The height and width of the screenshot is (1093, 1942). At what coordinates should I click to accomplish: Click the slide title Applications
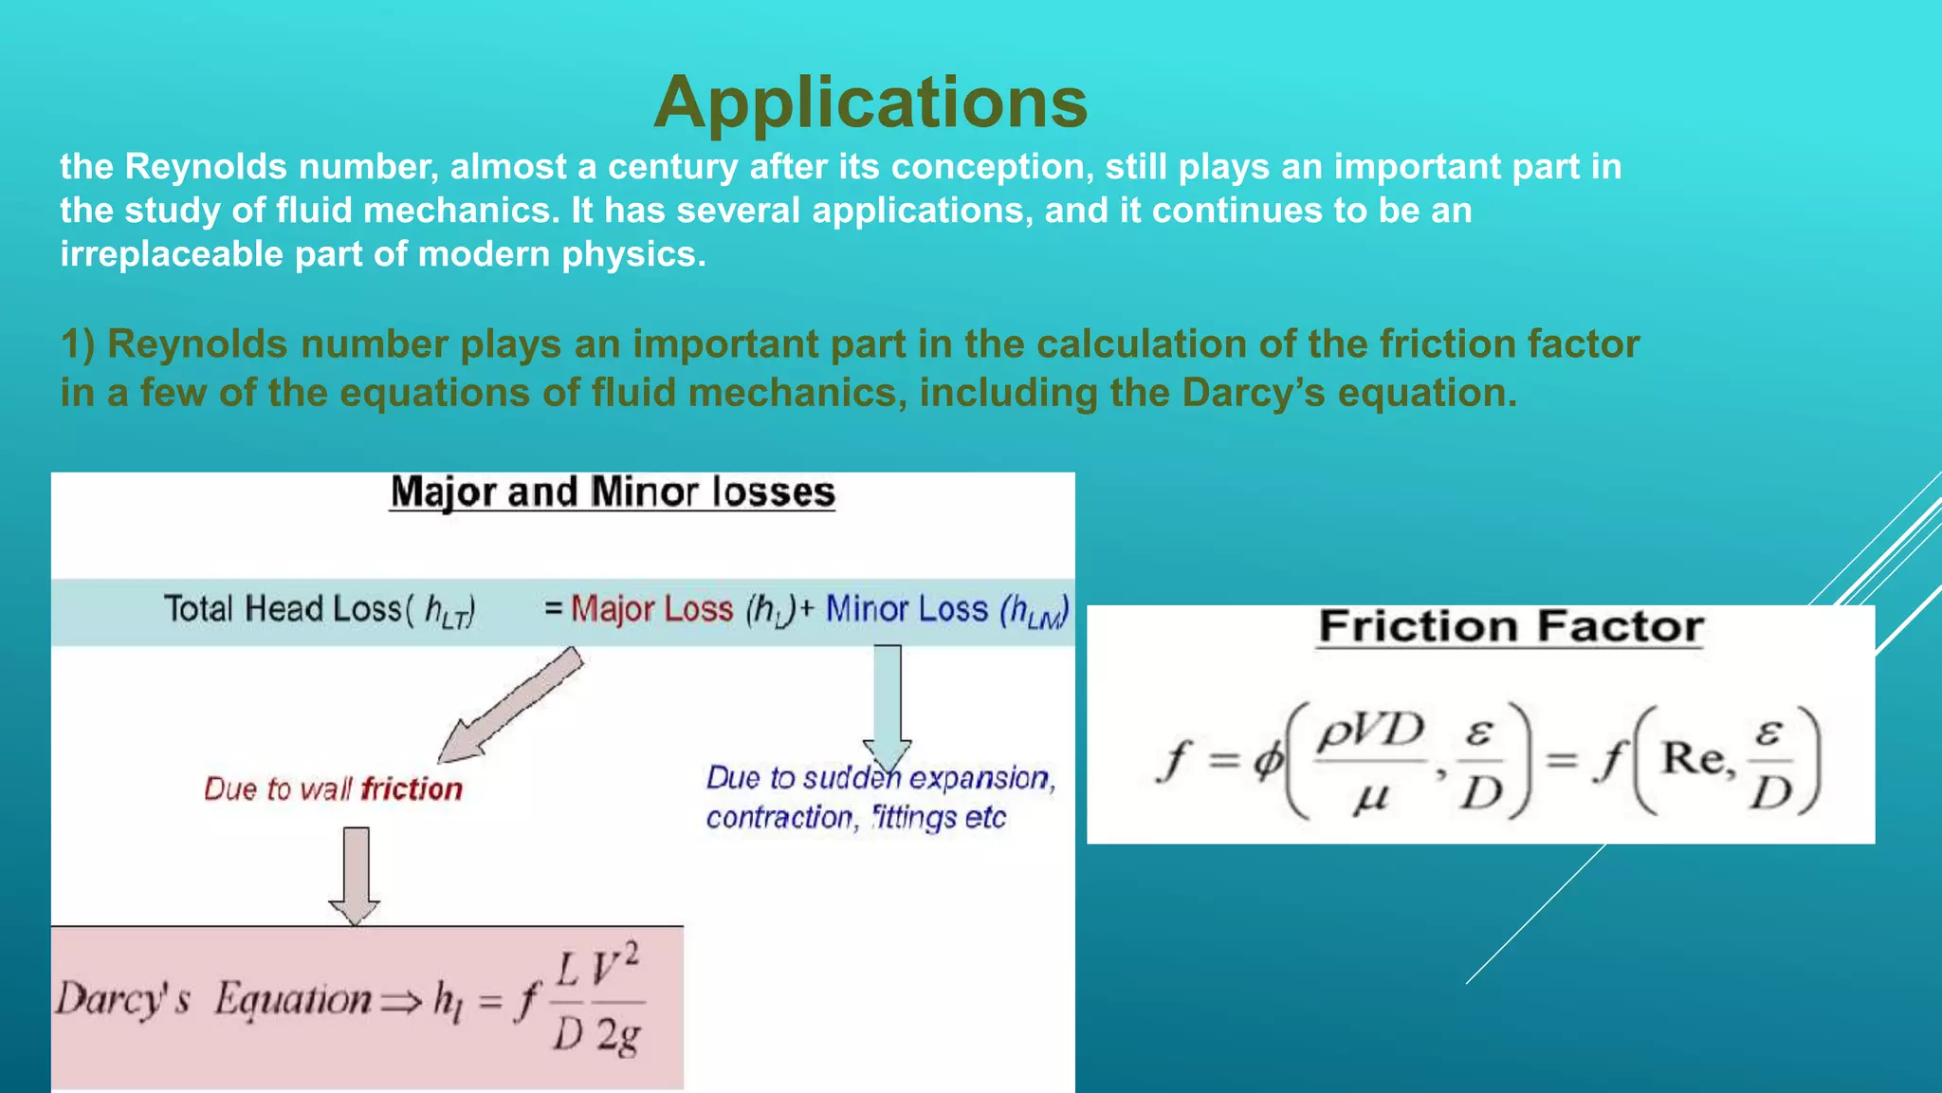coord(870,102)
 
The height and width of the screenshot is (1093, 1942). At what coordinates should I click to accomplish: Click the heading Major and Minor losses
coord(613,492)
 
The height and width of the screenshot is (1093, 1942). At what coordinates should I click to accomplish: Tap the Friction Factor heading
coord(1511,627)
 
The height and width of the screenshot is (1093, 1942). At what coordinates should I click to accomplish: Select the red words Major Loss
coord(652,609)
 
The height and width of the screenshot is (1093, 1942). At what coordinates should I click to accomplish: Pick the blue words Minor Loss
coord(907,609)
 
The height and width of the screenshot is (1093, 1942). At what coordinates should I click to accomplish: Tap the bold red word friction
coord(412,789)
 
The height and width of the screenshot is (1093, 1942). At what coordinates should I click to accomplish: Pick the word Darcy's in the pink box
coord(123,999)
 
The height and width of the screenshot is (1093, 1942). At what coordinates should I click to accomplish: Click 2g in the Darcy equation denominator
coord(618,1036)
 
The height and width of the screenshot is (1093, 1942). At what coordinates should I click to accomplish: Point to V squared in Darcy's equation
coord(615,967)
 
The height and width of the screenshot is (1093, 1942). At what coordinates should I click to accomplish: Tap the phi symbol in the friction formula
coord(1268,759)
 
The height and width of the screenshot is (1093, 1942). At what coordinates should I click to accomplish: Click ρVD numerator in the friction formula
coord(1371,731)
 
